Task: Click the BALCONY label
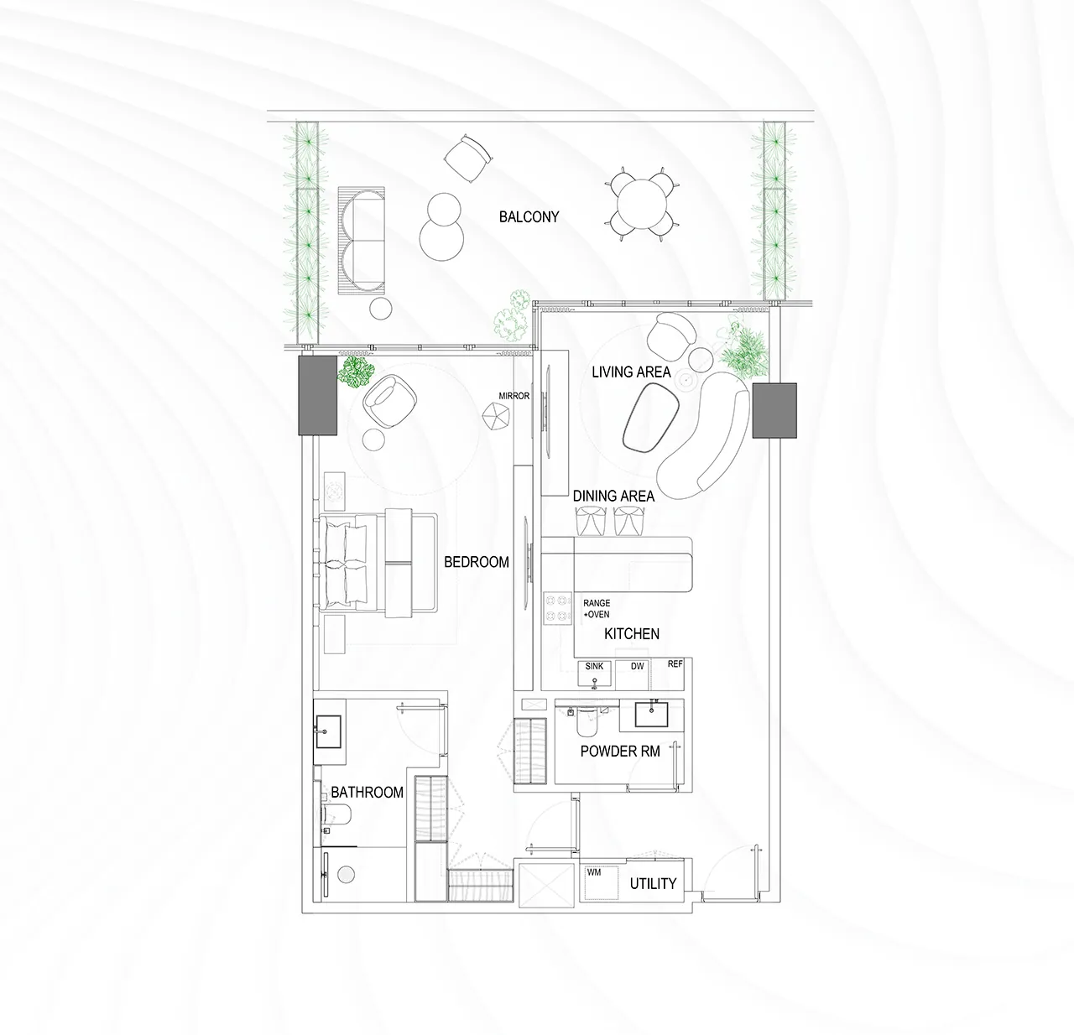click(529, 217)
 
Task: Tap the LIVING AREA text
click(631, 372)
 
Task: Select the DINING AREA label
click(613, 496)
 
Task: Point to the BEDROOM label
click(477, 562)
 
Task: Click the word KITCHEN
click(631, 633)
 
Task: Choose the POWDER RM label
click(620, 752)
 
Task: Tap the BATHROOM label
click(367, 793)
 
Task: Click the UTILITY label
click(653, 884)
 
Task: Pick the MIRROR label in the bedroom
click(514, 396)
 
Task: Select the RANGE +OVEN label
click(597, 609)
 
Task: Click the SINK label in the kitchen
click(594, 666)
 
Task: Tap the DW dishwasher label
click(638, 666)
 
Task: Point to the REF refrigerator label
click(675, 663)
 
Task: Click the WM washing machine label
click(594, 872)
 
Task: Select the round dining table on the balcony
click(642, 204)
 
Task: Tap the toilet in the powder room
click(587, 721)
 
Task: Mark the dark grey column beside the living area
click(774, 410)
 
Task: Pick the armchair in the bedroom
click(389, 401)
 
